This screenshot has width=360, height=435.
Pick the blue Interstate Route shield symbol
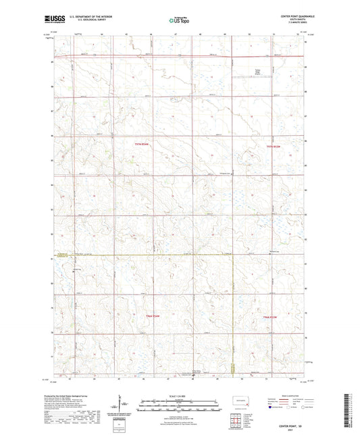[x=272, y=408]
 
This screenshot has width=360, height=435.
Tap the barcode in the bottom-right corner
[x=351, y=413]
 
